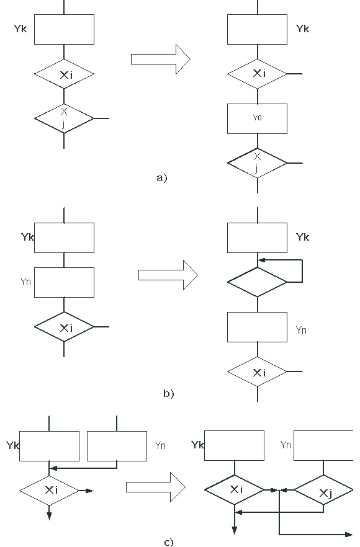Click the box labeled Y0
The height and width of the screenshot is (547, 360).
(258, 118)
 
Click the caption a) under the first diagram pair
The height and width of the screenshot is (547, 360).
(162, 178)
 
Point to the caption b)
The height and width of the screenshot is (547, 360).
(169, 393)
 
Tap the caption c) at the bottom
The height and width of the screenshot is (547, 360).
(169, 543)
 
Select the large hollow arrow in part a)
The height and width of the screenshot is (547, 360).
(161, 60)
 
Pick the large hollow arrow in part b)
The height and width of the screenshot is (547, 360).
(168, 275)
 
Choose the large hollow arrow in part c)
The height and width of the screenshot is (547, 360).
(156, 487)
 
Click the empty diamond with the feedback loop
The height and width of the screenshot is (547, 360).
(258, 282)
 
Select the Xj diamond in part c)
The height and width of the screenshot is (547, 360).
(323, 490)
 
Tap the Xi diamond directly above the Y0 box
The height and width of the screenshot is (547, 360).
(258, 74)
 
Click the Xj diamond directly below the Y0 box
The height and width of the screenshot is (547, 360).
(258, 163)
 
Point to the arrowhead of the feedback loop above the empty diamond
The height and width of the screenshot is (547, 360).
(261, 260)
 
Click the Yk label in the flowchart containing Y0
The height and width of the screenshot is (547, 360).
(303, 29)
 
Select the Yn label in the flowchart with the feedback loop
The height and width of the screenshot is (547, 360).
(301, 330)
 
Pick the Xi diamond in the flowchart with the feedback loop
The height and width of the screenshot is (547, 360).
(258, 371)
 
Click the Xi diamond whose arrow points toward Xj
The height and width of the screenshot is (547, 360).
(234, 490)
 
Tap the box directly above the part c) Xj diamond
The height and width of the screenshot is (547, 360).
(323, 445)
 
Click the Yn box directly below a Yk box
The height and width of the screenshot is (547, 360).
(65, 283)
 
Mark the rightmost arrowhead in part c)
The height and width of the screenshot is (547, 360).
(349, 535)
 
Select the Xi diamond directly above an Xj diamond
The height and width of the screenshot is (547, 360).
(65, 74)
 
